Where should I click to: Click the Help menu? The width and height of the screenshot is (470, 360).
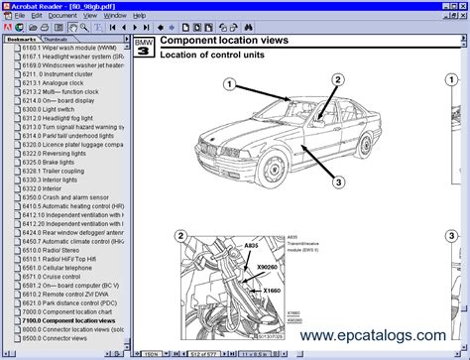tap(139, 16)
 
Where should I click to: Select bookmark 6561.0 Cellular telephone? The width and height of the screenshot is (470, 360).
tap(62, 268)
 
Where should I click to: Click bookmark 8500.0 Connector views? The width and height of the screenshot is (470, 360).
tap(60, 338)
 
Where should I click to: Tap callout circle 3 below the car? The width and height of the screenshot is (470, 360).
tap(338, 181)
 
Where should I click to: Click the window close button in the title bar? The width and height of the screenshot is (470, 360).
tap(462, 5)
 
